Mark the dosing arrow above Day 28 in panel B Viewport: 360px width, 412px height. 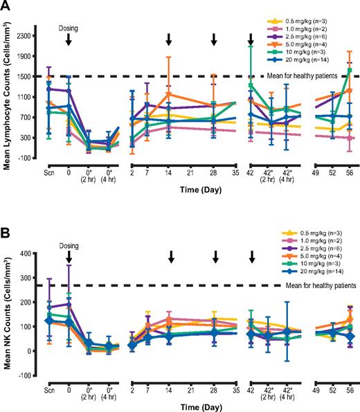point(215,256)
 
